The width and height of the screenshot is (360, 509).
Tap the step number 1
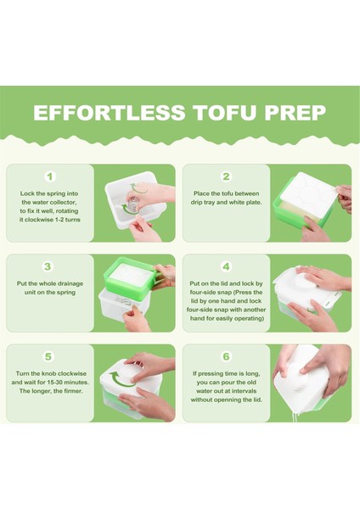(x=50, y=176)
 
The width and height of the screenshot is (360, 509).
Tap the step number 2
(x=226, y=176)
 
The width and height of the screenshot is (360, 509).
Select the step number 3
(x=48, y=266)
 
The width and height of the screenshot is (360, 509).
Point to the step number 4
(x=226, y=266)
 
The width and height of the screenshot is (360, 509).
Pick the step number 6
(x=226, y=356)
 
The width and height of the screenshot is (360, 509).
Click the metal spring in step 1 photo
(x=130, y=207)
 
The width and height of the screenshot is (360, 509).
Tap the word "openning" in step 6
(x=239, y=400)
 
